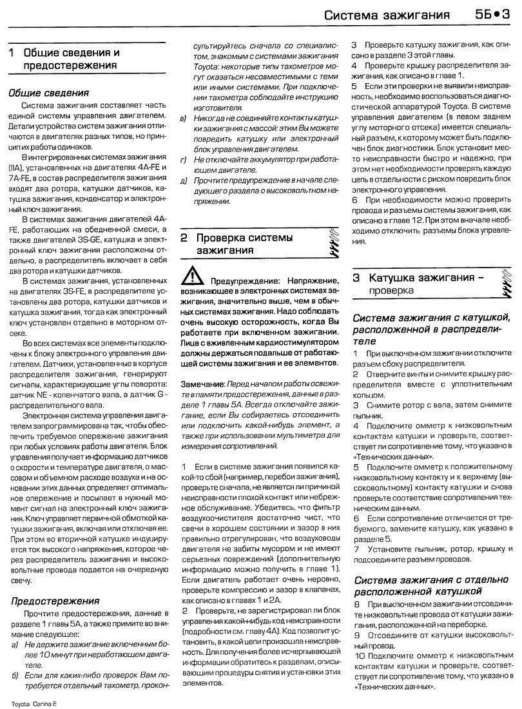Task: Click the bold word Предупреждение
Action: coord(240,281)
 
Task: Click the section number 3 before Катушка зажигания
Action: coord(356,278)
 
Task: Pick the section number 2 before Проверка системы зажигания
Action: coord(183,238)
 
